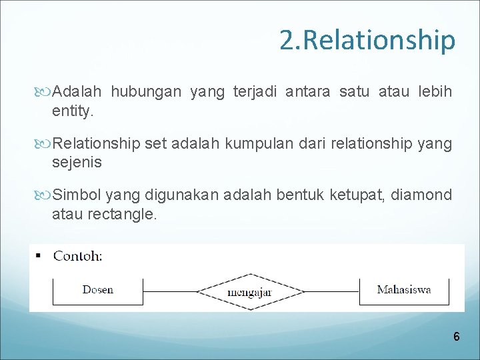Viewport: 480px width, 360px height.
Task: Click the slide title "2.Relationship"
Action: pos(367,40)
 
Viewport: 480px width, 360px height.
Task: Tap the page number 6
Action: pos(456,337)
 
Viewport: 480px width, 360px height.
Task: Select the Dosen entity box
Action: pos(98,291)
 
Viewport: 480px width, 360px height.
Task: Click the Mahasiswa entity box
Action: pos(404,290)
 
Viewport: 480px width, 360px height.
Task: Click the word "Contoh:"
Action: pos(78,255)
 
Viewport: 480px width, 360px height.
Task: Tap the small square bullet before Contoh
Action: pos(38,256)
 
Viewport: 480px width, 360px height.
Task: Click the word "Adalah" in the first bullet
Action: pos(77,91)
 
